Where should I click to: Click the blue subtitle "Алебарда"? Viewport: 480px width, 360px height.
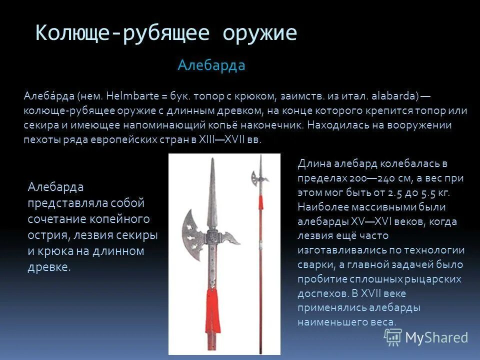pos(211,65)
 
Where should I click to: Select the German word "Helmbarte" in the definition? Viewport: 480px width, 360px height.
pos(128,95)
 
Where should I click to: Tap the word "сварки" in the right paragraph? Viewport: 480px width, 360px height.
pos(316,264)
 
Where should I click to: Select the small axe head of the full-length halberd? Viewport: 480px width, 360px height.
pos(256,177)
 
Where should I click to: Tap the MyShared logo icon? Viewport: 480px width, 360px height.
pos(392,337)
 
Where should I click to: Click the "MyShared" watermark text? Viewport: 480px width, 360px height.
pos(436,337)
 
